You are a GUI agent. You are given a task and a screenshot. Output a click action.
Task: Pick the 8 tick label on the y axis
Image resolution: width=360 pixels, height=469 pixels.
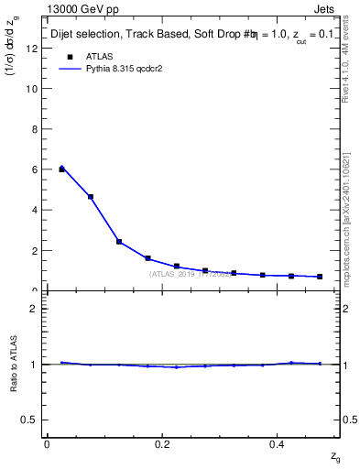click(35, 129)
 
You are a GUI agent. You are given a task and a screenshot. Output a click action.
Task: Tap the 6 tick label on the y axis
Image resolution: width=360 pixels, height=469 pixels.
click(35, 169)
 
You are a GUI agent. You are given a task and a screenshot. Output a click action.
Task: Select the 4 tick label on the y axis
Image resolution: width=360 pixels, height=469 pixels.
click(35, 210)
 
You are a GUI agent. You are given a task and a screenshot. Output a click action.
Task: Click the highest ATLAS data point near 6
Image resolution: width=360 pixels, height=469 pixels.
click(61, 169)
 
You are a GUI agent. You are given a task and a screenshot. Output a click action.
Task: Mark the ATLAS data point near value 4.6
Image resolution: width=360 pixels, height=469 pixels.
click(91, 197)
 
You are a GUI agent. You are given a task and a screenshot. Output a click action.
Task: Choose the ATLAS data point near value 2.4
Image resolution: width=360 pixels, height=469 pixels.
click(119, 242)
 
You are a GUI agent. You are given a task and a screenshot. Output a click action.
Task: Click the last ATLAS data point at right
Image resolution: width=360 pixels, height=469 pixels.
click(320, 277)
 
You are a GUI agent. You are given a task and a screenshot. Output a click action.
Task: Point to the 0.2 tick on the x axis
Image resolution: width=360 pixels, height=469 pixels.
click(162, 443)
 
